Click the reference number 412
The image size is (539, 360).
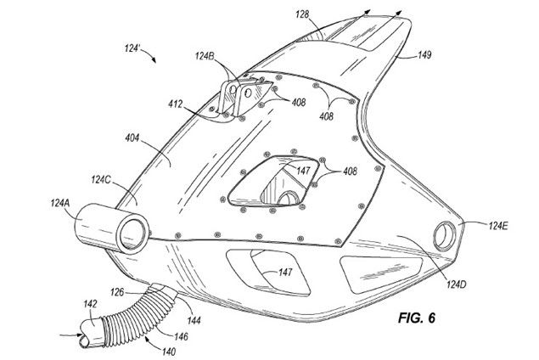(x=177, y=105)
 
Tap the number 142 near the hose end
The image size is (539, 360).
(x=65, y=302)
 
